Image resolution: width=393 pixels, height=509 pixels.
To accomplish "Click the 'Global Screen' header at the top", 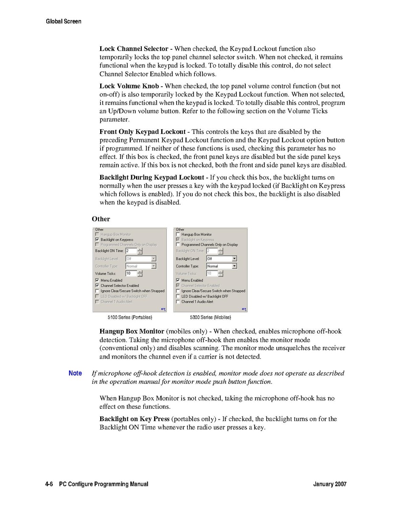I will [x=63, y=21].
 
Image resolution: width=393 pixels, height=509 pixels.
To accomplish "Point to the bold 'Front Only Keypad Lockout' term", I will [x=143, y=132].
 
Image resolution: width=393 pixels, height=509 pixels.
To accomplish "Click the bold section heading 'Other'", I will [x=101, y=219].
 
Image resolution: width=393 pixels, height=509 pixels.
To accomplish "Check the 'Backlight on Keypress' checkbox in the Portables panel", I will [x=97, y=240].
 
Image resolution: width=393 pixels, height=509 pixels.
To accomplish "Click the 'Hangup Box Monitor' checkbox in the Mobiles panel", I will [x=178, y=235].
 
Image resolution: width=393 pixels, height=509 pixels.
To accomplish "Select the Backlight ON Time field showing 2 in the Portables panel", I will [x=131, y=251].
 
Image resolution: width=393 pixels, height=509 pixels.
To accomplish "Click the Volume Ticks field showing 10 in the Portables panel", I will [x=131, y=274].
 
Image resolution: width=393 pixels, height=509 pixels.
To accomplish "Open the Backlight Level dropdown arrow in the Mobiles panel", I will [x=234, y=259].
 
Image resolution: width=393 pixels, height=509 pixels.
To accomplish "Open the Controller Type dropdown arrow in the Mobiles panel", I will [x=234, y=266].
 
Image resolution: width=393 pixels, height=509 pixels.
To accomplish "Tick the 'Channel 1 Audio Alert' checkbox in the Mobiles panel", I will [x=178, y=302].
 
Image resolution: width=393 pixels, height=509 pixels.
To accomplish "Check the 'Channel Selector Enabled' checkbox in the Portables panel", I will [x=97, y=286].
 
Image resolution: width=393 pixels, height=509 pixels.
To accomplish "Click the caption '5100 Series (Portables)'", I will [x=130, y=317].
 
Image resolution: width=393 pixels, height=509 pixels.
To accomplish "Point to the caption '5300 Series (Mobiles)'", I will [x=211, y=317].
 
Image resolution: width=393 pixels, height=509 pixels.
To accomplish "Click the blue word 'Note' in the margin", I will [x=75, y=373].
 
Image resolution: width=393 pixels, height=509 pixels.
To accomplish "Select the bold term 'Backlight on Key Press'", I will [x=134, y=419].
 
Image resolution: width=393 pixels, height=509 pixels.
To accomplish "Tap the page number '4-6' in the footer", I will [x=49, y=484].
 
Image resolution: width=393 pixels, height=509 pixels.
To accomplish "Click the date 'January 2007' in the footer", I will [x=330, y=484].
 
